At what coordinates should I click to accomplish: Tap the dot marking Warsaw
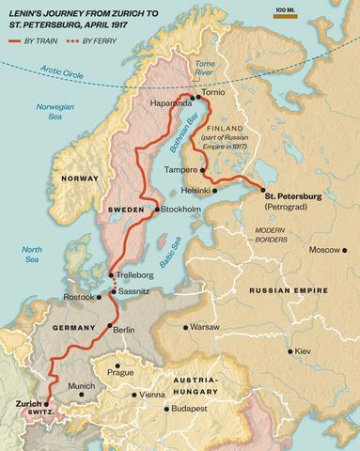coord(182,328)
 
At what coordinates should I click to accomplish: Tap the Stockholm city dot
coord(156,209)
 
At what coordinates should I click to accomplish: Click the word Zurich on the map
coord(29,402)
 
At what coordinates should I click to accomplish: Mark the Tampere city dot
coord(204,169)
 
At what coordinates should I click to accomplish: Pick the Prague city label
coord(120,372)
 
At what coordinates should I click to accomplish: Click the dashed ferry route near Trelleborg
coord(113,284)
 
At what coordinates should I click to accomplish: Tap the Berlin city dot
coord(108,329)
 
